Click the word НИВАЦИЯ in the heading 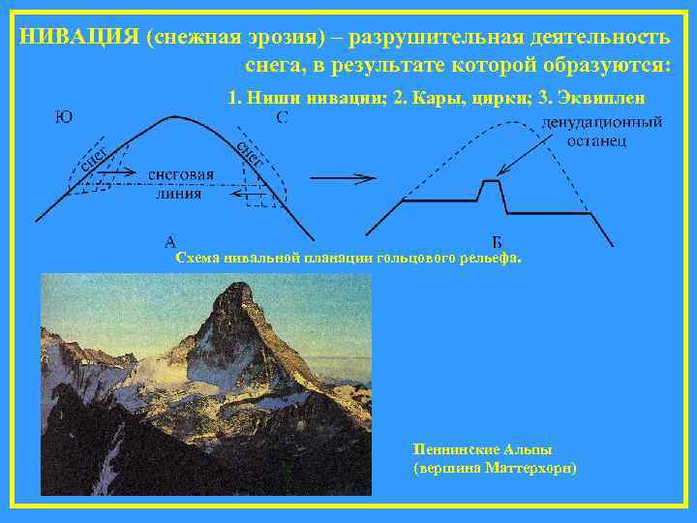point(78,37)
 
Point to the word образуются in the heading point(591,66)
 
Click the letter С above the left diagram point(282,119)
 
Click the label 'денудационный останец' point(600,132)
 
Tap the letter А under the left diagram point(170,240)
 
